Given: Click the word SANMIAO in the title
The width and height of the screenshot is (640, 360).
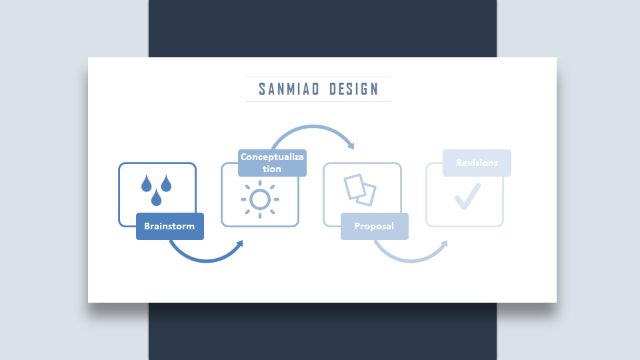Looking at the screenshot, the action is pos(289,89).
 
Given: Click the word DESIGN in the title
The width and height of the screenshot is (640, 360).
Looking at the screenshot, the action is pos(354,89).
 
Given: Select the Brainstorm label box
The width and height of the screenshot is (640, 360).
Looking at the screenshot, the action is pos(170,226).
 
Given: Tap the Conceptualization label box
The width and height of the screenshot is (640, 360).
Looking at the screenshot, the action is pos(272,163).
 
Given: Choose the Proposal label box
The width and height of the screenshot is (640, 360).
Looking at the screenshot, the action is pos(375,226).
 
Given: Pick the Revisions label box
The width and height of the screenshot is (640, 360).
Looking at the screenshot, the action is pos(477,163).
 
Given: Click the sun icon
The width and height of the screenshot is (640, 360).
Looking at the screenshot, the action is pos(260,199).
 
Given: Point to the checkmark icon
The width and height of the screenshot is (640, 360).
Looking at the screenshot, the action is pos(468,196).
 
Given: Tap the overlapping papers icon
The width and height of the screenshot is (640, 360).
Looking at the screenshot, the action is pos(360,190).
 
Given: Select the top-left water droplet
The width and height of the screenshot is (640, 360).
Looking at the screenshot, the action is pos(147,183).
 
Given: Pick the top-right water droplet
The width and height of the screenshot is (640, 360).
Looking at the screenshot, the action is pos(166,183).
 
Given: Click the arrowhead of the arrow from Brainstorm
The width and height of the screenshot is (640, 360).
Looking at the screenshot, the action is pos(239,244).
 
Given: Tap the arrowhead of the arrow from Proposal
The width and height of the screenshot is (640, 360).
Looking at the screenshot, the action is pos(444,244).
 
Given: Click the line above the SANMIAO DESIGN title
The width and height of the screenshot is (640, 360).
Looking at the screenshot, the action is pos(318,77).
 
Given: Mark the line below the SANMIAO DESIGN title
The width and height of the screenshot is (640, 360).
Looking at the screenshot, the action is pos(318,101).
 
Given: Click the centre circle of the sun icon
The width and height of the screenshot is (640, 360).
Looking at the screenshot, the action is pos(260,199).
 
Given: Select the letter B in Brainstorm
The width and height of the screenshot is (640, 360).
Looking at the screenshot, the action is pos(147,226).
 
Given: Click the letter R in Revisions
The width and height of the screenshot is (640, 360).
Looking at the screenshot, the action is pos(459,163).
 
